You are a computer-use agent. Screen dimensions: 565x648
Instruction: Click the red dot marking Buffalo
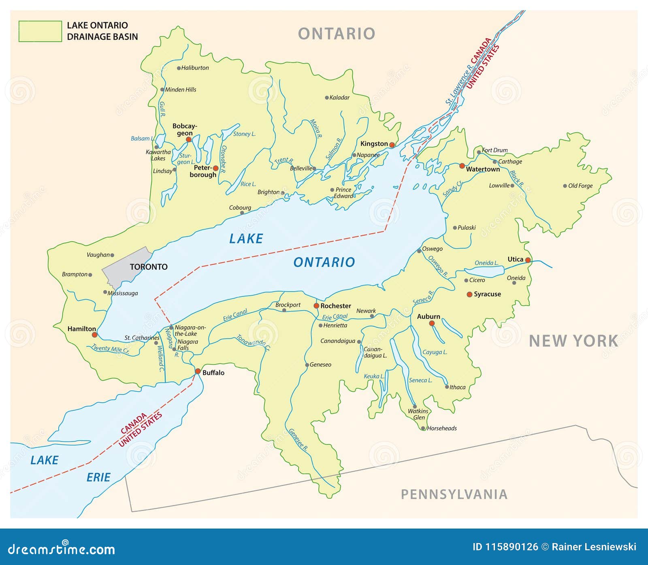[198, 371]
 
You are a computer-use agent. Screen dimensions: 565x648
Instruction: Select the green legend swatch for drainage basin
[40, 31]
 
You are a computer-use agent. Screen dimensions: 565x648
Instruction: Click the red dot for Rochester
[316, 306]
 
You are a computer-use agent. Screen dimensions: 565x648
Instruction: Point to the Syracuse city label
[487, 294]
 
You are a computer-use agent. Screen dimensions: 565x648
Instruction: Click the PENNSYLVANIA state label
[454, 494]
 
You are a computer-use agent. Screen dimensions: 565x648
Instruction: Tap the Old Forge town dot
[565, 186]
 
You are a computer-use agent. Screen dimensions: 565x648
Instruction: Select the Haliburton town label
[195, 68]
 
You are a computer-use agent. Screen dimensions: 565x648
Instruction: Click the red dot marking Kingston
[392, 145]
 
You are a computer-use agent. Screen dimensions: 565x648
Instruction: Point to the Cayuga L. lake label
[435, 352]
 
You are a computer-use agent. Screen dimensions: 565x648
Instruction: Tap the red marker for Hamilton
[94, 335]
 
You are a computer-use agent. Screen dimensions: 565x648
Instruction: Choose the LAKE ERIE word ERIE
[98, 478]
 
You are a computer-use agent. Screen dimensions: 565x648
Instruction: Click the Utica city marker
[528, 260]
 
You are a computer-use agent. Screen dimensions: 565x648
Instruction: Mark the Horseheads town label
[442, 429]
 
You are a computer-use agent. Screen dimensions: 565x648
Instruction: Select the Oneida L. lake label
[486, 263]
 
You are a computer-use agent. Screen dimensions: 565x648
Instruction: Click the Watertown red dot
[462, 166]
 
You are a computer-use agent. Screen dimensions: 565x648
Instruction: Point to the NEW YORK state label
[573, 341]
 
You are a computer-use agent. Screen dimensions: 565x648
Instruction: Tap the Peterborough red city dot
[215, 168]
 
